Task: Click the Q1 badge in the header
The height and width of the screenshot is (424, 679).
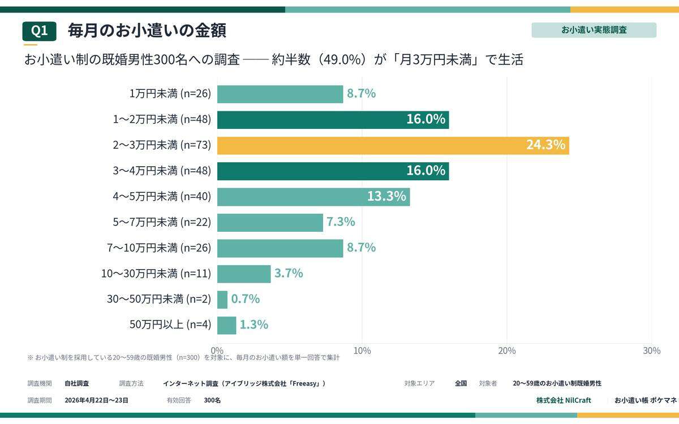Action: (39, 31)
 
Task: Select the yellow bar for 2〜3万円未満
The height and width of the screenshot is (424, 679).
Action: (393, 145)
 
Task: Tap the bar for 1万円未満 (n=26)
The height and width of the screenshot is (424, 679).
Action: (280, 94)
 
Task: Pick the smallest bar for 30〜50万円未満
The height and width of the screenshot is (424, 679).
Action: (222, 300)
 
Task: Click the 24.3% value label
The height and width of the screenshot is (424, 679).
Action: (545, 145)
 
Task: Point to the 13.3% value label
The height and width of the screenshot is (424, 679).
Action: (386, 197)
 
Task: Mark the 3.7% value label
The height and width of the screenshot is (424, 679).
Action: (289, 274)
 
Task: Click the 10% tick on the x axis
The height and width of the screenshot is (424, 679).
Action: (362, 351)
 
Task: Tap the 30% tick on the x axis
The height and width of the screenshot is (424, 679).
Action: (651, 351)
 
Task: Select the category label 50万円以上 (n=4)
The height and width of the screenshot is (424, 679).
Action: (170, 325)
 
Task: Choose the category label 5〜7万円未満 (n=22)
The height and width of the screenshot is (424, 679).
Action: (162, 222)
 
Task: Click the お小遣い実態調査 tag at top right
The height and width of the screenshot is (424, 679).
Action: (594, 30)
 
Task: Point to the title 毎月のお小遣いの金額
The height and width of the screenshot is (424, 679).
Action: (147, 31)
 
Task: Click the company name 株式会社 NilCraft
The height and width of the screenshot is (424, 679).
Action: (564, 400)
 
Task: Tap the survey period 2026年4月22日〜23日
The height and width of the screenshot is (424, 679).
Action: (96, 400)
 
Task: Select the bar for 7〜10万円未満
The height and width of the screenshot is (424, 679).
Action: (280, 248)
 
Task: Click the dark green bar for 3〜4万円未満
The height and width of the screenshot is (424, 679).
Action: (333, 171)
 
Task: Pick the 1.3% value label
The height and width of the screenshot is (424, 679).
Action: (253, 325)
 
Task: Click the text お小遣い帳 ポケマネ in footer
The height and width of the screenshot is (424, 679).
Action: (645, 400)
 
